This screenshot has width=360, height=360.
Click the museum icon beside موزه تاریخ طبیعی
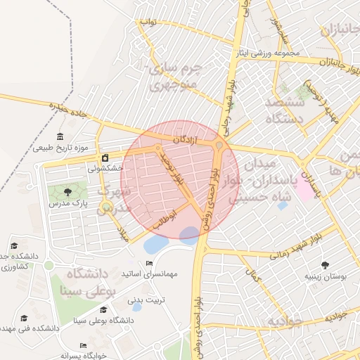60,136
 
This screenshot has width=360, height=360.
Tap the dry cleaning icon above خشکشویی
105,157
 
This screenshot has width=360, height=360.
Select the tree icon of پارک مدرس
67,191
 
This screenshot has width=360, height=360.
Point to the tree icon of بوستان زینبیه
325,265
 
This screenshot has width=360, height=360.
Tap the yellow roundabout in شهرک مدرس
106,207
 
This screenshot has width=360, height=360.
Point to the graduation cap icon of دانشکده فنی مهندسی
25,319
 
